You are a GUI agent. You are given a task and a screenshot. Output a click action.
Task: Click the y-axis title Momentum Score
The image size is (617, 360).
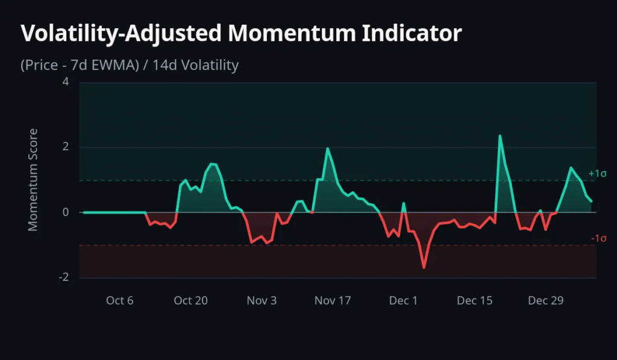(33, 180)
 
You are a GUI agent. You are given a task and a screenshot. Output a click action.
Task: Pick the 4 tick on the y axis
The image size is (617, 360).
(66, 83)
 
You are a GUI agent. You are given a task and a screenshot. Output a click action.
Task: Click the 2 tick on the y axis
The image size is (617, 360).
(66, 148)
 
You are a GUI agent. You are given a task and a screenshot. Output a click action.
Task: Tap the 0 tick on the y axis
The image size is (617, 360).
(66, 213)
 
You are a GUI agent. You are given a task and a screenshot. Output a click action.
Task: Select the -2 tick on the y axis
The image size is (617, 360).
(64, 278)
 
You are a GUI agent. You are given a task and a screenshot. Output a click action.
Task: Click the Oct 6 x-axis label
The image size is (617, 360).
(119, 300)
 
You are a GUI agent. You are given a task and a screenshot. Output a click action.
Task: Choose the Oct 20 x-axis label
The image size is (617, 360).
(190, 300)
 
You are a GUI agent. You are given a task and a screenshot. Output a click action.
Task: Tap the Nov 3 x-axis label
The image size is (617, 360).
(262, 300)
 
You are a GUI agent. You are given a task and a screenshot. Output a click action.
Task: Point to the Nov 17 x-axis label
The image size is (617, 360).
(333, 300)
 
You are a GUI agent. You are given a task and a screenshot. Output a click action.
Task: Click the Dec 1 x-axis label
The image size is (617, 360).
(404, 300)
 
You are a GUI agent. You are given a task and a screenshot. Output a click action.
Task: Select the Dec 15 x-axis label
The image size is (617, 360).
(475, 300)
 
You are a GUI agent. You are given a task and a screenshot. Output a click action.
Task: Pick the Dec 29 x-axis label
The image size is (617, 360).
(546, 300)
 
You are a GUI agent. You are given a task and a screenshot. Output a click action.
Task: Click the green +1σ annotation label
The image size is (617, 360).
(598, 174)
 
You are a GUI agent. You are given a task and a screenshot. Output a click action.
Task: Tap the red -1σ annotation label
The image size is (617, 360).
(598, 239)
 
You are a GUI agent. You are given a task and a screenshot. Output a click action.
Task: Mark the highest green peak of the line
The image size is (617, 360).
(500, 136)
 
